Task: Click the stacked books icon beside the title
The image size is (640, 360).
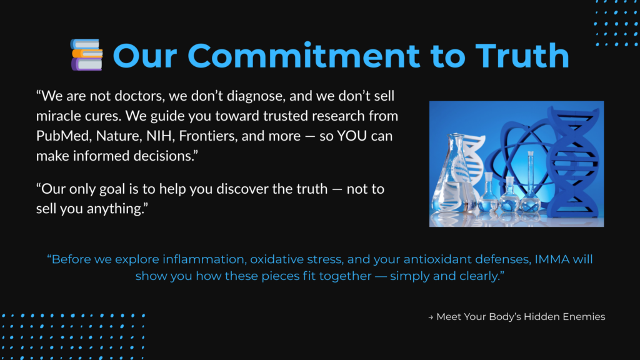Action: tap(86, 55)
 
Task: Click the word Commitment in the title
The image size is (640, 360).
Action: tap(303, 56)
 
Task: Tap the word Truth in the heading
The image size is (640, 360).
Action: tap(522, 56)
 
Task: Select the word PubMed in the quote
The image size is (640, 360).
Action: tap(62, 136)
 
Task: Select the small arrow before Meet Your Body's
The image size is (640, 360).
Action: tap(431, 317)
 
